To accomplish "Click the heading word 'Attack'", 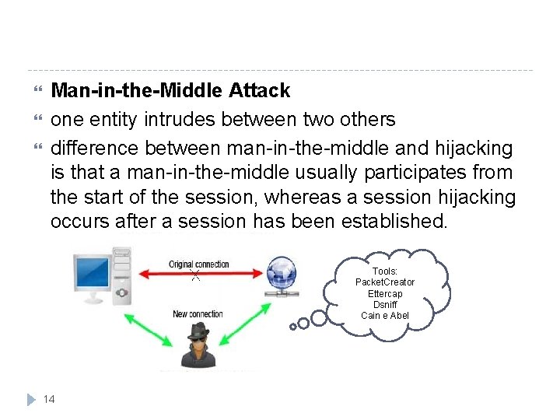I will pyautogui.click(x=260, y=91).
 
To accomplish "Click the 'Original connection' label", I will pyautogui.click(x=199, y=264).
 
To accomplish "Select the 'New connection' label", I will pyautogui.click(x=198, y=314).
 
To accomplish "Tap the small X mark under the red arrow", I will pyautogui.click(x=196, y=276).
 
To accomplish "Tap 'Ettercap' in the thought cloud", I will pyautogui.click(x=385, y=293).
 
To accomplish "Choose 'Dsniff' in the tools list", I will pyautogui.click(x=385, y=304).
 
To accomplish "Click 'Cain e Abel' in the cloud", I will pyautogui.click(x=385, y=315).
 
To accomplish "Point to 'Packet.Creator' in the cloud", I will pyautogui.click(x=385, y=282).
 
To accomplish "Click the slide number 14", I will pyautogui.click(x=49, y=399).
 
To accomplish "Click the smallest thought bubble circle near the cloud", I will pyautogui.click(x=293, y=327).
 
